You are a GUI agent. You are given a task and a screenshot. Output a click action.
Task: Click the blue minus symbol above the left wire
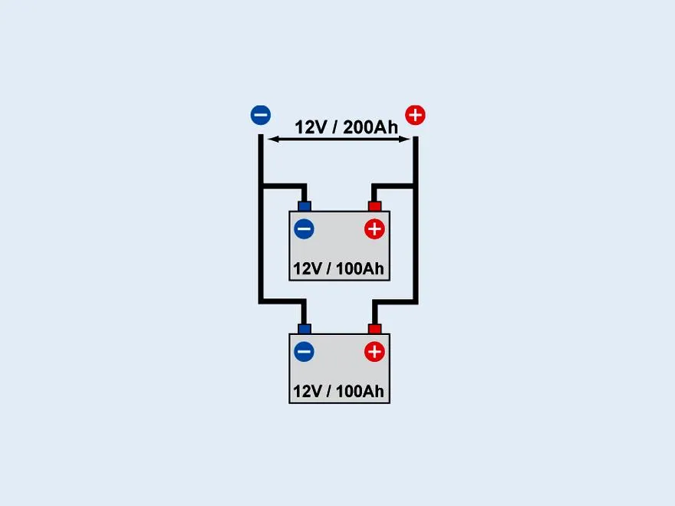pyautogui.click(x=261, y=115)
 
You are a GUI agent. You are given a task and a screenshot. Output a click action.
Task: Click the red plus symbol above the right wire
pyautogui.click(x=415, y=115)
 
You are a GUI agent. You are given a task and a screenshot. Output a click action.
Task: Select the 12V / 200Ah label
pyautogui.click(x=346, y=127)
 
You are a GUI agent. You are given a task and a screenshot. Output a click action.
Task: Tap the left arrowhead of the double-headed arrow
pyautogui.click(x=273, y=139)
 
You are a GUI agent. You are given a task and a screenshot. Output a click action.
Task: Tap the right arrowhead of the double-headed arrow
pyautogui.click(x=403, y=139)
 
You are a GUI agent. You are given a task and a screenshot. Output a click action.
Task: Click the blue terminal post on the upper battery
pyautogui.click(x=305, y=206)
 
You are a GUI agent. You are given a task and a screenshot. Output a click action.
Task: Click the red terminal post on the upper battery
pyautogui.click(x=374, y=206)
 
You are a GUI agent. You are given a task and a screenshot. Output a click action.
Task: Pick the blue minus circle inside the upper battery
pyautogui.click(x=304, y=229)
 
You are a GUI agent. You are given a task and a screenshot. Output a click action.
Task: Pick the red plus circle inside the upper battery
pyautogui.click(x=374, y=229)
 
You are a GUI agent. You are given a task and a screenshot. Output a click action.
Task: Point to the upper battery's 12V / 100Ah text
pyautogui.click(x=338, y=268)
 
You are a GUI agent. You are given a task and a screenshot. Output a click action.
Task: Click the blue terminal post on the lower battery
pyautogui.click(x=305, y=329)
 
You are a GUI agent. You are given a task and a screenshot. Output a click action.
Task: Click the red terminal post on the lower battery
pyautogui.click(x=374, y=329)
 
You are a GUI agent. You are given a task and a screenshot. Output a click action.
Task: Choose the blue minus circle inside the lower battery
pyautogui.click(x=304, y=352)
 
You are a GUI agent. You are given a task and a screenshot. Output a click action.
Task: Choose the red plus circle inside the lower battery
pyautogui.click(x=374, y=352)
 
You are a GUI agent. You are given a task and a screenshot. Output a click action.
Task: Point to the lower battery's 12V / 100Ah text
pyautogui.click(x=338, y=391)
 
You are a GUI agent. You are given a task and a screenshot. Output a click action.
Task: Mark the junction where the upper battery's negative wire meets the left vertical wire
pyautogui.click(x=261, y=186)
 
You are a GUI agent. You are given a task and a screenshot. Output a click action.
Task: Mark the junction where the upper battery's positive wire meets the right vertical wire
pyautogui.click(x=416, y=186)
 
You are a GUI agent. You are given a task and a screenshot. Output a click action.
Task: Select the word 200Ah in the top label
pyautogui.click(x=370, y=127)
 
